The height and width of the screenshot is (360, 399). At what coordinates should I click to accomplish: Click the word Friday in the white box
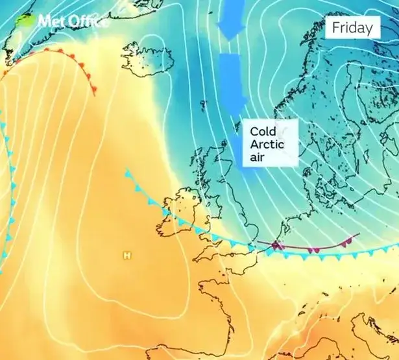353,28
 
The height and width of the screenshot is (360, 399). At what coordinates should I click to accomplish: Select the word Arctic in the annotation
267,143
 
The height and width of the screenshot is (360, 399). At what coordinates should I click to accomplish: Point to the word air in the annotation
258,156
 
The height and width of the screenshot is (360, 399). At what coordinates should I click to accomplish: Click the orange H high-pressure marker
127,255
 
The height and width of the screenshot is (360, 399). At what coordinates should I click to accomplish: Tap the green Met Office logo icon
26,19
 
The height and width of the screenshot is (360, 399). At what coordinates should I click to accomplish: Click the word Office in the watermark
87,21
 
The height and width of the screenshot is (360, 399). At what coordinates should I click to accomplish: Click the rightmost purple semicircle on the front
347,241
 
